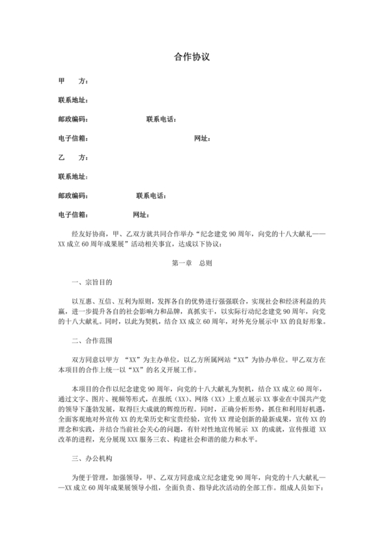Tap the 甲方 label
73,81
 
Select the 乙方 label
73,157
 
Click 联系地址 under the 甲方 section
73,100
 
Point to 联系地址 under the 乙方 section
73,177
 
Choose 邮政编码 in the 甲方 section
73,120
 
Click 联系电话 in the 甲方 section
161,120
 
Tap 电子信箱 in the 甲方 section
73,139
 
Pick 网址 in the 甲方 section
202,139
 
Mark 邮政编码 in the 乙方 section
73,196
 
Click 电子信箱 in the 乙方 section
73,215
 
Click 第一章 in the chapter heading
181,263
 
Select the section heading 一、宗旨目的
92,282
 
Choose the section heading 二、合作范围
92,340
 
